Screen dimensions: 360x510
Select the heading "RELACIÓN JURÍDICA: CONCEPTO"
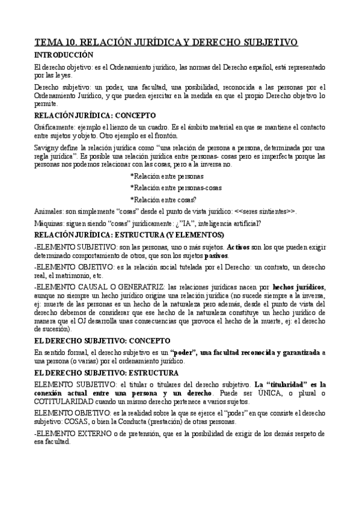[95, 115]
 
